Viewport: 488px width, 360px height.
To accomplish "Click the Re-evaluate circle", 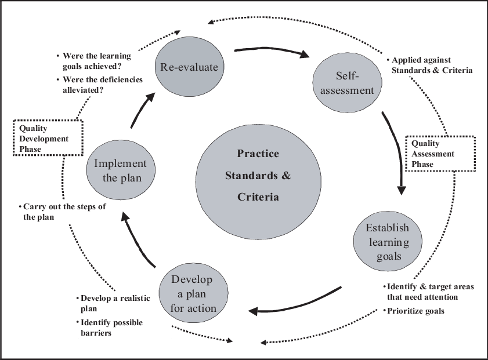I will (x=189, y=67).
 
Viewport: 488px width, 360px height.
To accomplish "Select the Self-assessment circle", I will (x=348, y=83).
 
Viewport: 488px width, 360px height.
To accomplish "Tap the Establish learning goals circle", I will (x=388, y=242).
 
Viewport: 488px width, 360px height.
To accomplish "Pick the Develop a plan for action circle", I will (x=193, y=294).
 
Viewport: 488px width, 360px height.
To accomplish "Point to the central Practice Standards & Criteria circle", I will (x=258, y=175).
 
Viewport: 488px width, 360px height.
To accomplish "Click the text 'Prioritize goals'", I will (x=415, y=311).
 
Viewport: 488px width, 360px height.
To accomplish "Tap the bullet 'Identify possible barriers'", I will (x=111, y=328).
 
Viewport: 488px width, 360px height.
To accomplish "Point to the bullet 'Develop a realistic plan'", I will (x=115, y=303).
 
